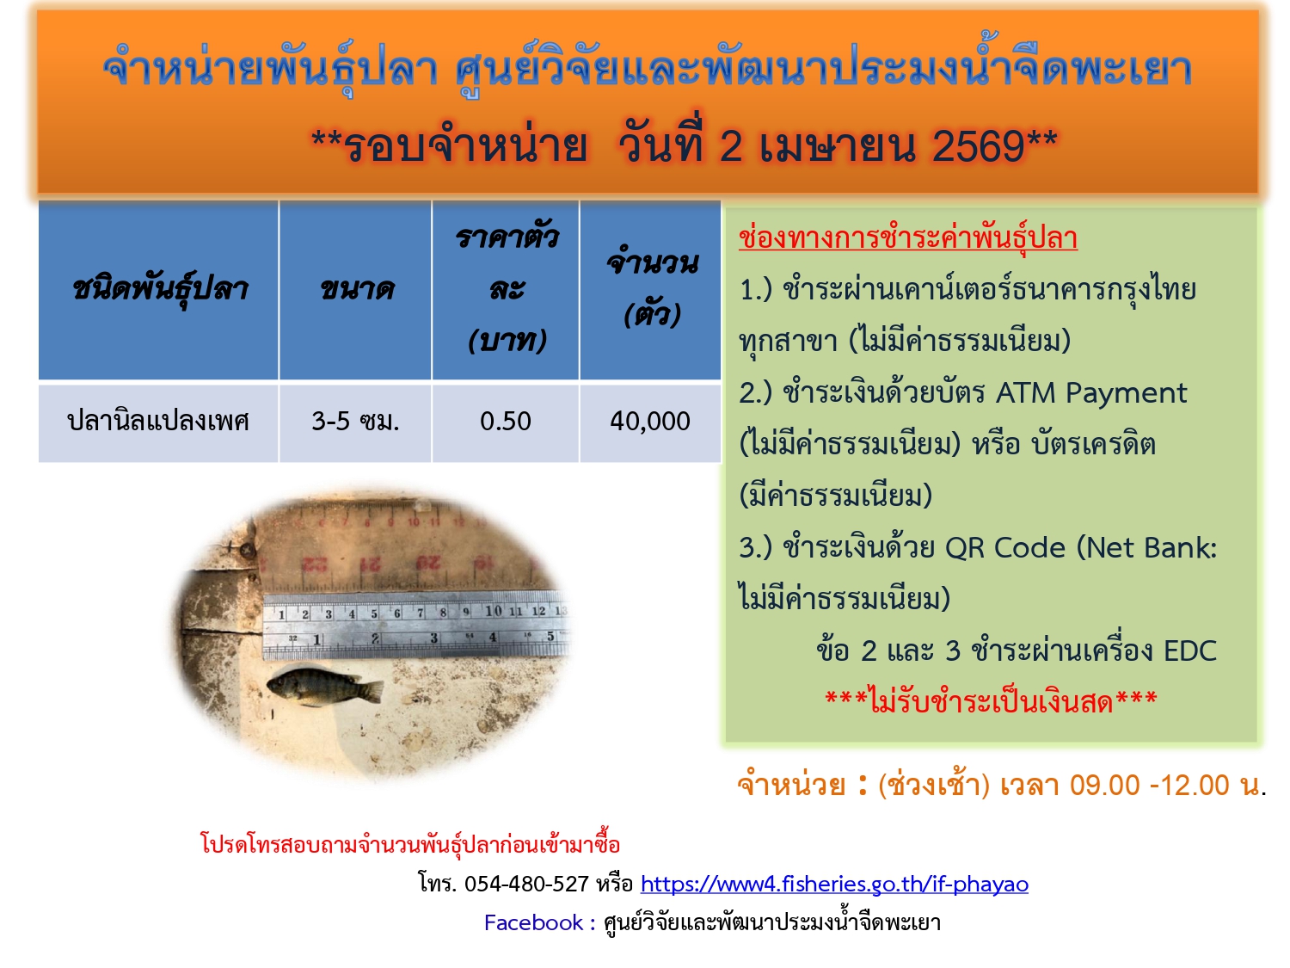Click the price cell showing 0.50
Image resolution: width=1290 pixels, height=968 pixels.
(506, 422)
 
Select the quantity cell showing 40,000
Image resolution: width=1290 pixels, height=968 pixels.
(650, 422)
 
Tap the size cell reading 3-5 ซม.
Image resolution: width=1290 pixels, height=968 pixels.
(355, 422)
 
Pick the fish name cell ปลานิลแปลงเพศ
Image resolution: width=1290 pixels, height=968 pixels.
(158, 422)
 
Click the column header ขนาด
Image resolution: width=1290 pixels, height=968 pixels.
(356, 289)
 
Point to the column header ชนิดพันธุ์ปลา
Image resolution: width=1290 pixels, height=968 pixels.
(159, 289)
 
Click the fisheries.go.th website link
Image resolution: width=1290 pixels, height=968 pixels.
(834, 885)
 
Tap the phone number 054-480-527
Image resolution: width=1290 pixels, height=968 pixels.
(526, 885)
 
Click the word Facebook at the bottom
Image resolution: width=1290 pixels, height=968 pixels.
(533, 923)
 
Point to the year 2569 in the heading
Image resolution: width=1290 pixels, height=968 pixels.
(978, 146)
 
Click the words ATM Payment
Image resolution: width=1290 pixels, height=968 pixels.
(1091, 393)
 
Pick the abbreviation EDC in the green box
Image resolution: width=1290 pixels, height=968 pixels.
(1189, 651)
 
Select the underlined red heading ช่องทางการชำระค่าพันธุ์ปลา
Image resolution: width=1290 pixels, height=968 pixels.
(907, 238)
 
